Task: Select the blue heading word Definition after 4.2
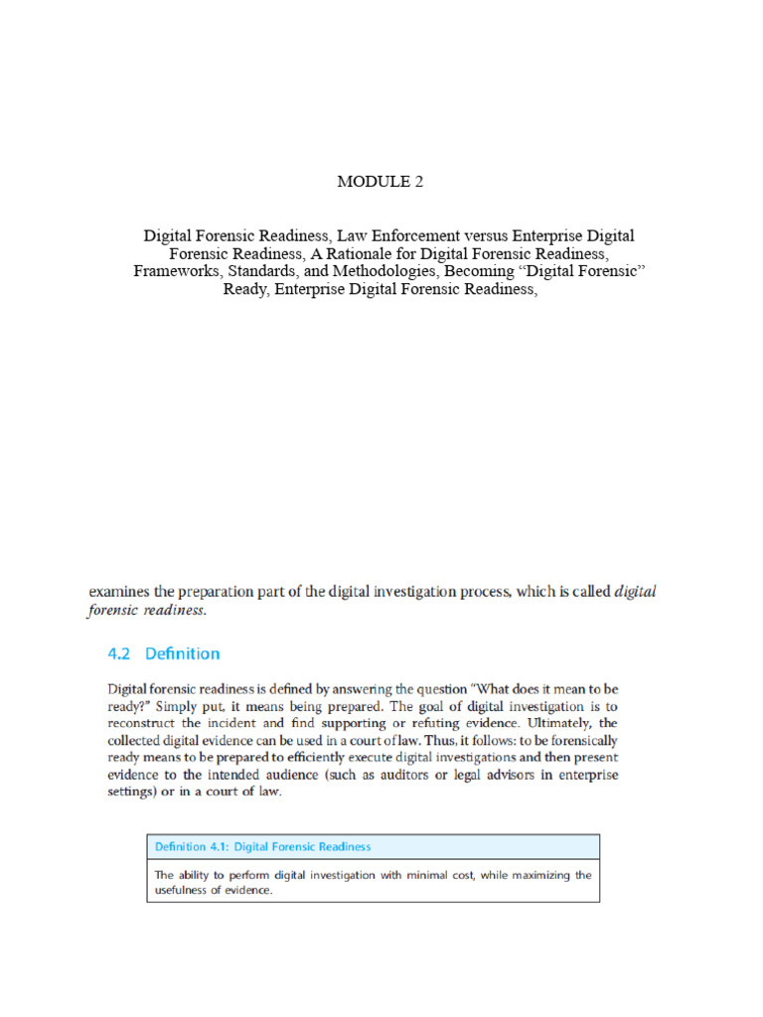pos(183,654)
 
